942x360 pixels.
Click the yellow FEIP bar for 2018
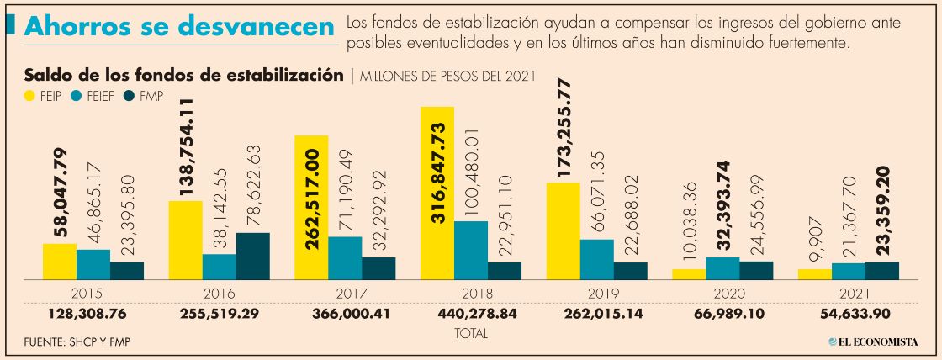[437, 193]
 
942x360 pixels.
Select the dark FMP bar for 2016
[252, 256]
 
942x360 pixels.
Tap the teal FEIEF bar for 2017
[345, 257]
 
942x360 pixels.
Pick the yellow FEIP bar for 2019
[564, 230]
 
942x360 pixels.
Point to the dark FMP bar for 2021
[882, 270]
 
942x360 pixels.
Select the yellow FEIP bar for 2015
[60, 262]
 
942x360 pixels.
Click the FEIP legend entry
[45, 96]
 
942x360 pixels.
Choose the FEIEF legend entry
[94, 96]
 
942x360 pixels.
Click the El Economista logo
[872, 341]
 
